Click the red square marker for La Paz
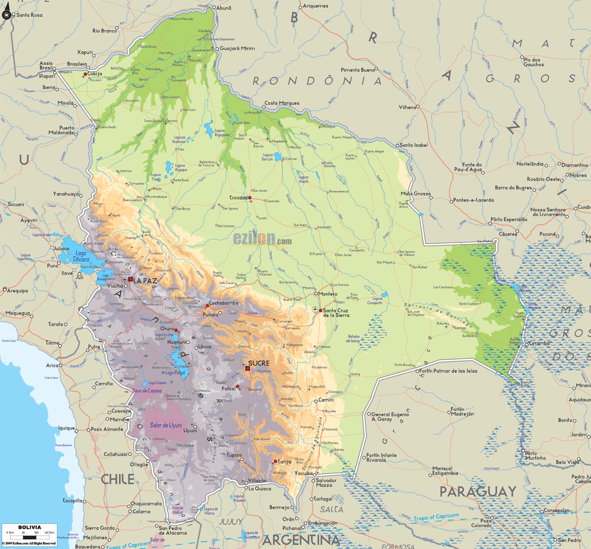[130, 279]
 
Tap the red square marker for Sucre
[247, 369]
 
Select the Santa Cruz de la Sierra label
[336, 313]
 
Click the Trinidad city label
[238, 198]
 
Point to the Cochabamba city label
[224, 303]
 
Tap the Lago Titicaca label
[80, 256]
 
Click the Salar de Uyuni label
[166, 425]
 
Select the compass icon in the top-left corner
[6, 12]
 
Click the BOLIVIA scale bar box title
[30, 527]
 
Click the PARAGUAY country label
[478, 492]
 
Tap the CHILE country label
[118, 480]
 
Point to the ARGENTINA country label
[301, 540]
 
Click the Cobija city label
[95, 74]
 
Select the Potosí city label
[229, 389]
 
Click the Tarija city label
[284, 462]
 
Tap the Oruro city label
[167, 329]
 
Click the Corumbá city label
[539, 343]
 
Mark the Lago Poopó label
[175, 372]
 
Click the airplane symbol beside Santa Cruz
[315, 309]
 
